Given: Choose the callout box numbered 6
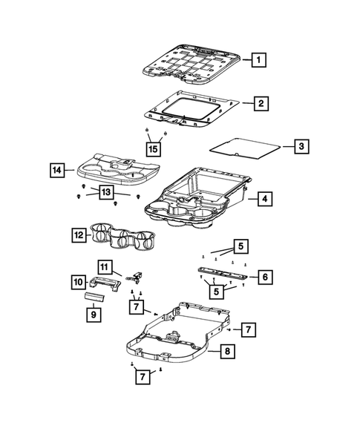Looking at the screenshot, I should coord(264,277).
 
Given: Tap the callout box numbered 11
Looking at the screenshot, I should coord(105,266).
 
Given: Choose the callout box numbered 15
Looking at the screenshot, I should coord(153,149).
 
